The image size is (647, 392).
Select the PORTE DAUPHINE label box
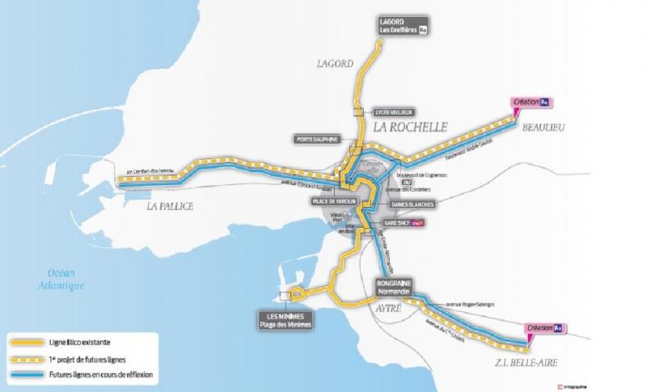click(316, 138)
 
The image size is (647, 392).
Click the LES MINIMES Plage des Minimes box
click(283, 320)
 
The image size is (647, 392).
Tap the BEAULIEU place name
click(543, 128)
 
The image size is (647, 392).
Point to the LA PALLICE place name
click(170, 207)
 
